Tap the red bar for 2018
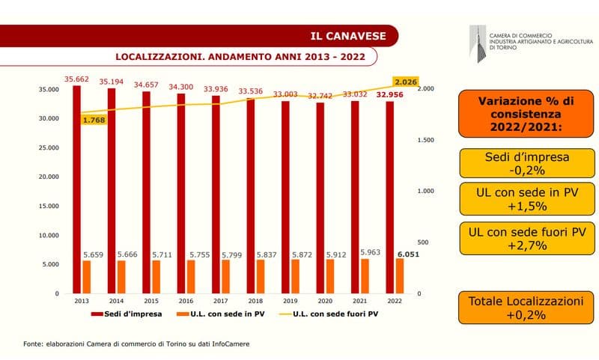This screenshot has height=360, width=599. tap(250, 195)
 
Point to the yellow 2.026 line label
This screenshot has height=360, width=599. tap(404, 82)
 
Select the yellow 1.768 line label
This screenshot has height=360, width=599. tap(93, 120)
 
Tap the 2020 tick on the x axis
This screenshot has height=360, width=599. tap(324, 300)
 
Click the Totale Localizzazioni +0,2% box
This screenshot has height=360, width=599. tap(525, 308)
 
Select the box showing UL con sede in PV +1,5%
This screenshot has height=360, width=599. tap(525, 198)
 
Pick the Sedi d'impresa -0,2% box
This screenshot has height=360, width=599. tap(525, 164)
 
